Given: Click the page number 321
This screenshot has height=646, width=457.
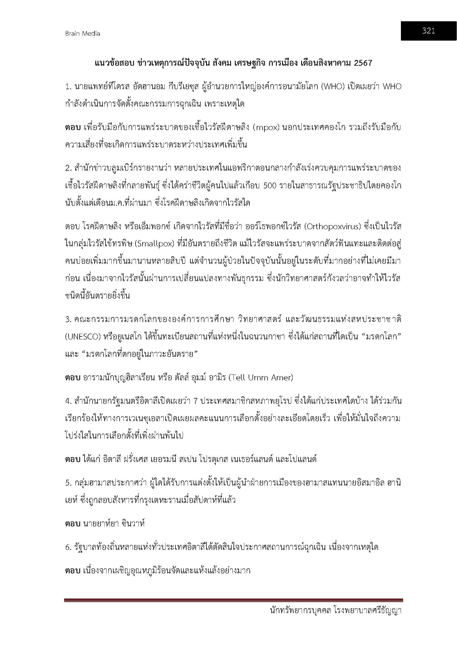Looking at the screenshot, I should tap(428, 31).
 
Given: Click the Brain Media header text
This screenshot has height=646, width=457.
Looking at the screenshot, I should tap(82, 33).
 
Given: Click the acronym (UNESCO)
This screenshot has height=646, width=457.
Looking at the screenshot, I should tap(83, 337).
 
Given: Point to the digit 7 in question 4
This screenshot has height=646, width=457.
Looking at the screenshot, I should tap(195, 401).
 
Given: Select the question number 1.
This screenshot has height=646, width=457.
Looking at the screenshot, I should tap(68, 87).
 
